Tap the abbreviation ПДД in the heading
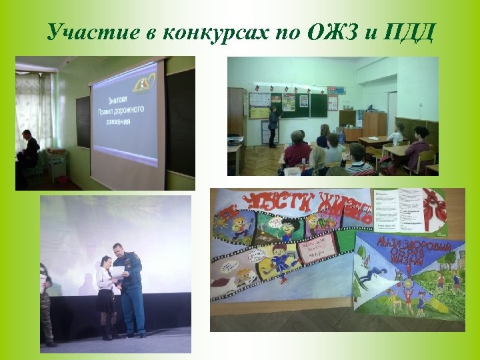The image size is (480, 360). click(x=408, y=32)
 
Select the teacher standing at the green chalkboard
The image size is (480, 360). click(x=273, y=125)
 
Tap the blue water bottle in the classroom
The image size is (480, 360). click(x=341, y=137)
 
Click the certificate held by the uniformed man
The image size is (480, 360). click(x=118, y=271)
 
